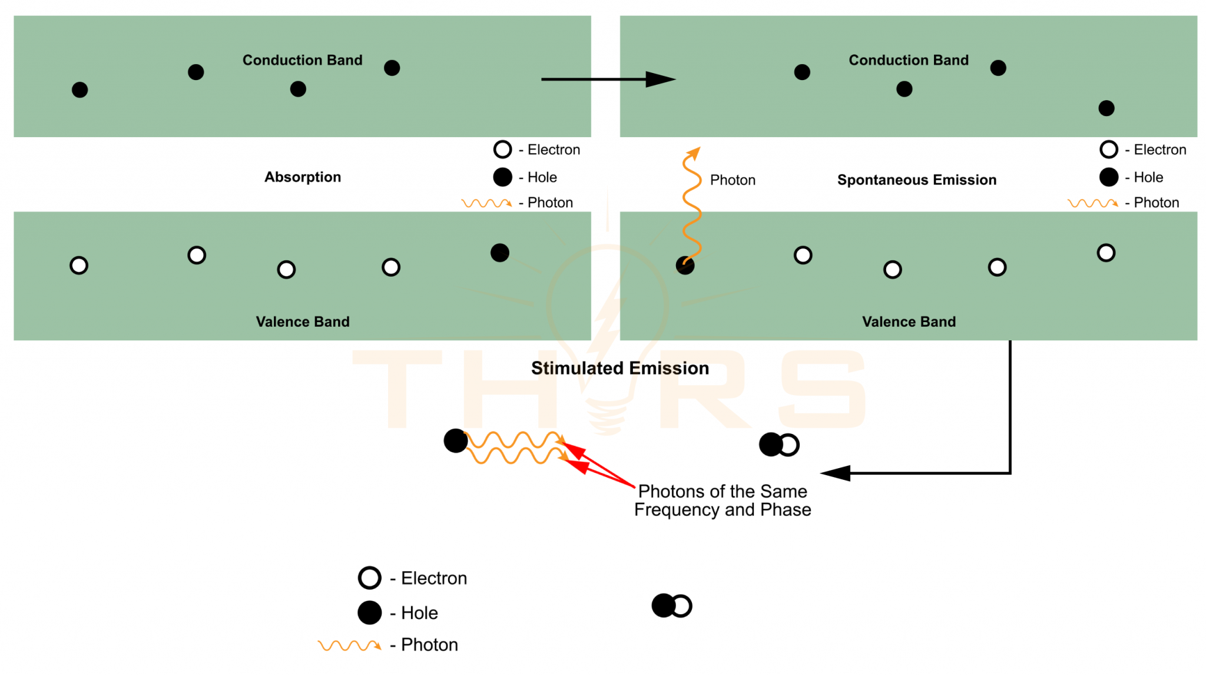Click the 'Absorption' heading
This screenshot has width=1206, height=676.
[x=302, y=177]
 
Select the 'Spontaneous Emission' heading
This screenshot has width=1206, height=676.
[x=916, y=180]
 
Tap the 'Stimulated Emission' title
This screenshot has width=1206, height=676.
[x=619, y=369]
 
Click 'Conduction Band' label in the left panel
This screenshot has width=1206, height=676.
[x=302, y=60]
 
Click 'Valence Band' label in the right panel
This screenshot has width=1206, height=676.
[x=909, y=322]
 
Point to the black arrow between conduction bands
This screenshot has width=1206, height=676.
[x=607, y=79]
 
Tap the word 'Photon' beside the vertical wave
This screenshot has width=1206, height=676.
[x=732, y=180]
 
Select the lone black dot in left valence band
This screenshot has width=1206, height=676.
[x=499, y=253]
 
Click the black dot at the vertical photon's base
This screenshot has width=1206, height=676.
[x=685, y=266]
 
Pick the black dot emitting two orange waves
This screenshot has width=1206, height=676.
[x=455, y=440]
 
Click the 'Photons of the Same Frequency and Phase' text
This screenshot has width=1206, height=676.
[x=723, y=501]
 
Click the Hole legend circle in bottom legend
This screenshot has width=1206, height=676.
[x=369, y=612]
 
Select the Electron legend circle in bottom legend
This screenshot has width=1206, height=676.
[x=369, y=578]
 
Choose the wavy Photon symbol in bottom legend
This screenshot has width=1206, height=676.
[x=349, y=645]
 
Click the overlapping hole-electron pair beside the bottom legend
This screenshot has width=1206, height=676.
[x=671, y=605]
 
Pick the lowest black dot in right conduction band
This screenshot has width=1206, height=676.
[x=1106, y=108]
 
